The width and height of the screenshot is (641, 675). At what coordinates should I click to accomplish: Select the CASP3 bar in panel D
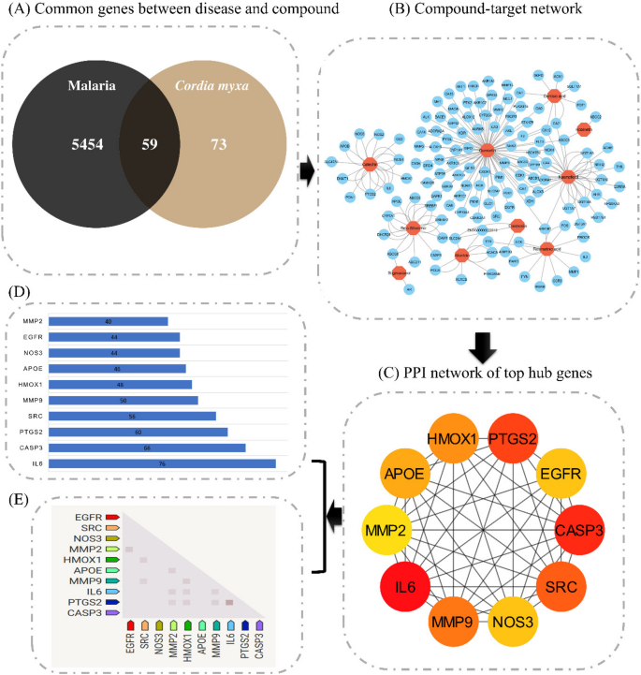[146, 448]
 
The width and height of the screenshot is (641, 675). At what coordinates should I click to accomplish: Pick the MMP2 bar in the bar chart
[108, 321]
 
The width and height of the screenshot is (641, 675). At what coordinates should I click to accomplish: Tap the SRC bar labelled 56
[131, 416]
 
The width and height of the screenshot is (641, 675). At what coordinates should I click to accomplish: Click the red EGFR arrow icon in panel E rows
[112, 516]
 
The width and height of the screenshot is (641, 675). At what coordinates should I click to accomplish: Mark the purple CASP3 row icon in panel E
[112, 613]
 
